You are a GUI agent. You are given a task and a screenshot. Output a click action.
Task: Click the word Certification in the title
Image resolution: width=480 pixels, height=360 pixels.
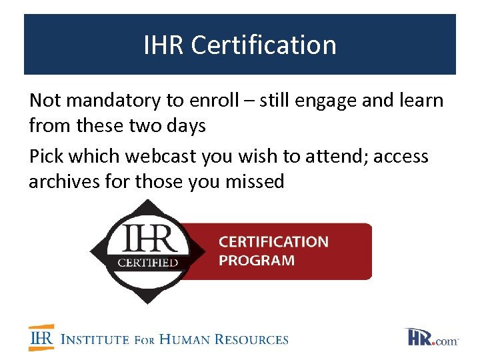[263, 45]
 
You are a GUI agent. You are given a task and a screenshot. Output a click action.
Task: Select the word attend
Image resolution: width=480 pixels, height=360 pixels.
[331, 156]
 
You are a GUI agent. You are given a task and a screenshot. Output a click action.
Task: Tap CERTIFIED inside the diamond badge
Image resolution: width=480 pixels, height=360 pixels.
[148, 262]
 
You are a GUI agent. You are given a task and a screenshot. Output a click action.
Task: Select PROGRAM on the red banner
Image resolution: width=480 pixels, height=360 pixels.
[257, 260]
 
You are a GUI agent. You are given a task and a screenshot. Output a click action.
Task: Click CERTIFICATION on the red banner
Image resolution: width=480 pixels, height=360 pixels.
[273, 241]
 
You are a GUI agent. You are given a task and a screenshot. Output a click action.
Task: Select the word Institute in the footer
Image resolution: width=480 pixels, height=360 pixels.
[95, 339]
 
